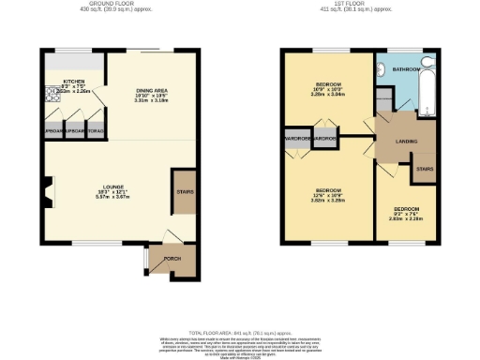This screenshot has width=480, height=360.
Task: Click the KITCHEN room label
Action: [73, 82]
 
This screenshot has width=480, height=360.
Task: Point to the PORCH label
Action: [172, 258]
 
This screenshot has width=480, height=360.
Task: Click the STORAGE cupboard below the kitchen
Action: [94, 131]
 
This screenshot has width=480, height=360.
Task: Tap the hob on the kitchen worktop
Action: [49, 94]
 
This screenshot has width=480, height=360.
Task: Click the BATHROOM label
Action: [405, 69]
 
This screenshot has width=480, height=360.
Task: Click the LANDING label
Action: [407, 142]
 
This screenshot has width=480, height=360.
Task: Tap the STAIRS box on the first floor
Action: [425, 169]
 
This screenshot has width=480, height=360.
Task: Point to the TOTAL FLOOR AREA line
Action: [240, 333]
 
